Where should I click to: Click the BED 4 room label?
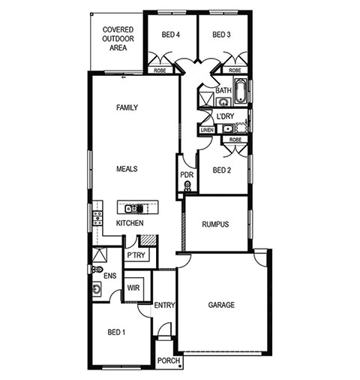171,35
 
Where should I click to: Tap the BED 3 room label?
221,35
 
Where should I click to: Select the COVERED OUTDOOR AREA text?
118,38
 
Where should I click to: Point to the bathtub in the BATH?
241,91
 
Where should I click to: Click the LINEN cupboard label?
207,130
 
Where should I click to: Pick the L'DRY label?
225,116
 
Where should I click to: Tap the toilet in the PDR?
187,186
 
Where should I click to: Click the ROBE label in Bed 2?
235,140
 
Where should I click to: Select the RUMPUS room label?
215,224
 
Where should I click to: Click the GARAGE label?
221,305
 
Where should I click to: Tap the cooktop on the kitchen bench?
97,218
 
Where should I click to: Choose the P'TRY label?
136,255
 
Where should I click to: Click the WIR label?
133,288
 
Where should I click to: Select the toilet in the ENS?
97,270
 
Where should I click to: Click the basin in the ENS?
97,289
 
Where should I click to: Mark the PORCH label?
169,360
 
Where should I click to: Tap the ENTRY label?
164,305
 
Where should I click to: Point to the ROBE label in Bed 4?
160,71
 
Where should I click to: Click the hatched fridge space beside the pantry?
148,240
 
